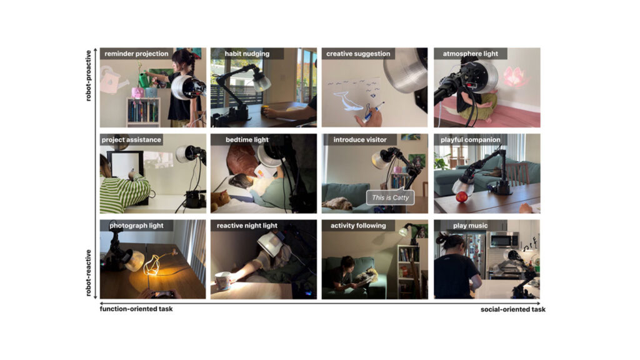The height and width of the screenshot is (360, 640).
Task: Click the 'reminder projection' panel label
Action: (136, 54)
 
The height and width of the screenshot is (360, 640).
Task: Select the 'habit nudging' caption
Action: (247, 54)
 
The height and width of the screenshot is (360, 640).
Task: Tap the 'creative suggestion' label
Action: (358, 54)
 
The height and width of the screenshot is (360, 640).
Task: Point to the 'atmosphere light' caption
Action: (470, 54)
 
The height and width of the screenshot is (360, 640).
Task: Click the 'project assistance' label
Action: (131, 139)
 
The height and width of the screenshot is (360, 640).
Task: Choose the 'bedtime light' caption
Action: (247, 139)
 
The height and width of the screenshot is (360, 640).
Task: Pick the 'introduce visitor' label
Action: (359, 139)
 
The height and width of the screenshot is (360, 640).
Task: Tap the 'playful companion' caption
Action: (470, 139)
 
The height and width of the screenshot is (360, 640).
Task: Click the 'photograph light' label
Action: (136, 225)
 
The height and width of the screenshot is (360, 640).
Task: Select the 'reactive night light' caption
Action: (247, 225)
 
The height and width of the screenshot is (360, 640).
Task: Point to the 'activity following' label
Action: (358, 225)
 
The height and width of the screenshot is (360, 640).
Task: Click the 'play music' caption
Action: (470, 225)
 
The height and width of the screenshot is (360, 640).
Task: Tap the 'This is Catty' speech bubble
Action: (390, 197)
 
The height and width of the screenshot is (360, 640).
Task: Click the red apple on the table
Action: (462, 197)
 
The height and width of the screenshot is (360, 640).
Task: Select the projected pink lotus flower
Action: (514, 77)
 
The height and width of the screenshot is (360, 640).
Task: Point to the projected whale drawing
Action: (348, 101)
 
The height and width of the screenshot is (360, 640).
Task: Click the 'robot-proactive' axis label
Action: (88, 76)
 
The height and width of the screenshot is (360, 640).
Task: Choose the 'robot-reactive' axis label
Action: (88, 272)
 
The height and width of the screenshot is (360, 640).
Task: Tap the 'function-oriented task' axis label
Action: (136, 309)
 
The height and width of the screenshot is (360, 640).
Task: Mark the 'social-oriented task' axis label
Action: (512, 309)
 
